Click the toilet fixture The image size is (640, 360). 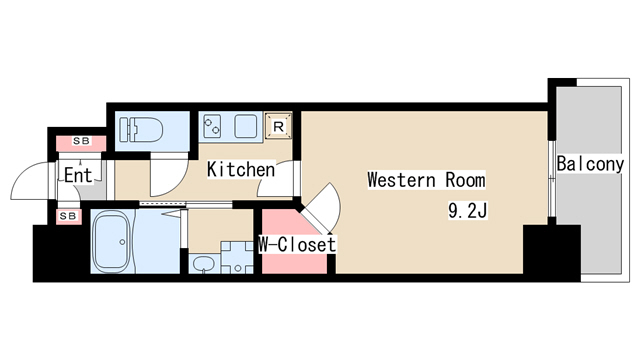pos(141,130)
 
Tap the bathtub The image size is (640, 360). pos(112,242)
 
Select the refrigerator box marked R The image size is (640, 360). pos(278,126)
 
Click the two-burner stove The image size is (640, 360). pos(212,126)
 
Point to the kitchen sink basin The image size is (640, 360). pos(246,126)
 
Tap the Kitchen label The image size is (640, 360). pos(241,169)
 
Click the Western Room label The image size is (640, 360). pos(427,180)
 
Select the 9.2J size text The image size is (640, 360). pos(468,211)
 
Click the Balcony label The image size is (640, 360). pos(590,164)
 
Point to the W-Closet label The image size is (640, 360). pos(298,244)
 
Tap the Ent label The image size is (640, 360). pos(78,176)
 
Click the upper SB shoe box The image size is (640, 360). pos(81,143)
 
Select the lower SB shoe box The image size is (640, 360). pos(68,216)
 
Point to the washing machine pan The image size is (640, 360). pos(237,258)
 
